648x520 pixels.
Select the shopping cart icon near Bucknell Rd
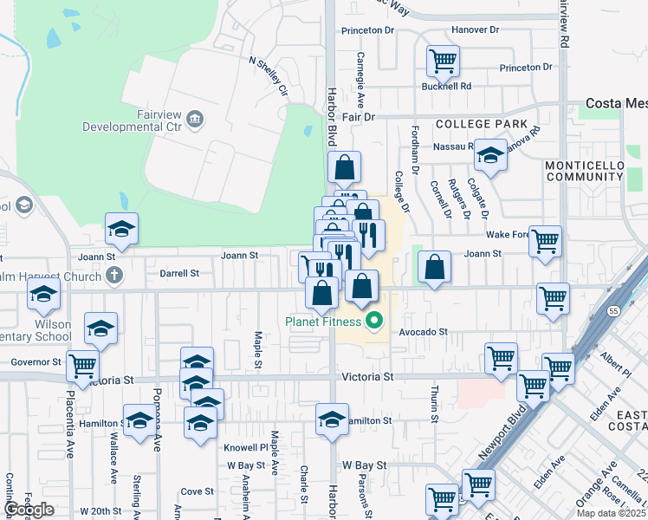point(443,62)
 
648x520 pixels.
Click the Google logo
point(29,510)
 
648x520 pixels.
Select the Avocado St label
point(423,332)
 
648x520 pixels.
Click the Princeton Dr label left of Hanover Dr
point(367,30)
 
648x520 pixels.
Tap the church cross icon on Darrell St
point(113,275)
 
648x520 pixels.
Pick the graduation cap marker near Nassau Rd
point(490,156)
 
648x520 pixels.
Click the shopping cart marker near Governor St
point(82,366)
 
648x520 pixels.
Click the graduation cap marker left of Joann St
point(121,230)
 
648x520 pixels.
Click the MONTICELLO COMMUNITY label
point(584,171)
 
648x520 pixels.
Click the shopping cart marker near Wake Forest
point(545,243)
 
